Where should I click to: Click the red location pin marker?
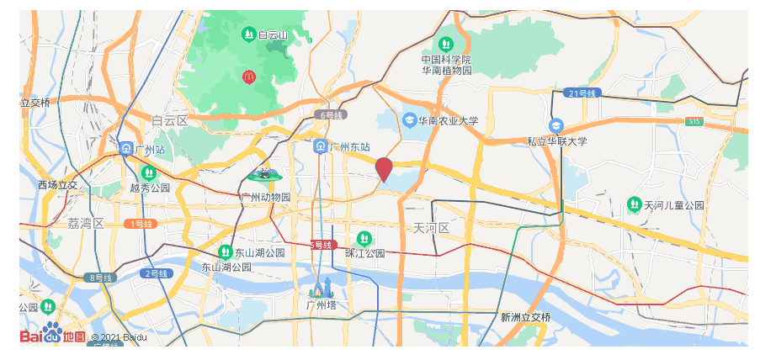[384, 168]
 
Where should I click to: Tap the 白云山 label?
[273, 35]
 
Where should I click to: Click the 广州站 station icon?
[125, 149]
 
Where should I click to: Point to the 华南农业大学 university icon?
[410, 120]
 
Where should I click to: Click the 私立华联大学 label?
[556, 141]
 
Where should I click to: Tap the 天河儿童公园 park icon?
[634, 204]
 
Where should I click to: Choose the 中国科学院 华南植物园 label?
[446, 65]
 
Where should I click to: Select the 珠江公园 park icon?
[364, 238]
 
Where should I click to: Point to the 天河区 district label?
[432, 228]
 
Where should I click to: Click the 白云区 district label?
[169, 121]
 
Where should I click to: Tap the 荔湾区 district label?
[86, 223]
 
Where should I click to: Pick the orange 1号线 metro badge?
[140, 224]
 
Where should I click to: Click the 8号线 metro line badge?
[98, 277]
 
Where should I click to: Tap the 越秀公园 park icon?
[149, 172]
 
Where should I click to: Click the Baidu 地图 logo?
[52, 335]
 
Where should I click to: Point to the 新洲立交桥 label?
[525, 317]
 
